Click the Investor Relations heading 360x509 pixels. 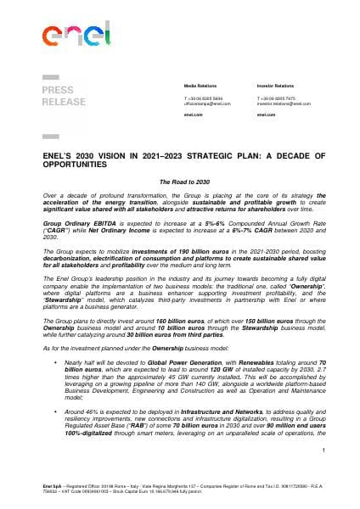coord(275,87)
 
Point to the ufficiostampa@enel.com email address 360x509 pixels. coord(202,104)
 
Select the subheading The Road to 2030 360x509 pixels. coord(183,182)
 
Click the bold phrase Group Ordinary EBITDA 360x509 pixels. coord(72,220)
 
